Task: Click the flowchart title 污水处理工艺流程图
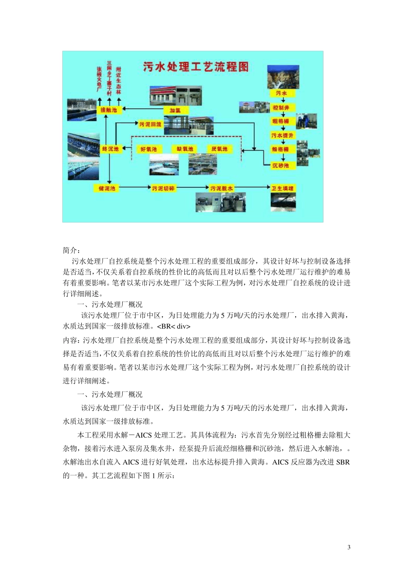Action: click(196, 66)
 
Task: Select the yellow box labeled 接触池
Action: click(109, 110)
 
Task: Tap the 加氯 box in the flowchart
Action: click(175, 110)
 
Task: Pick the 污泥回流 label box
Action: click(150, 124)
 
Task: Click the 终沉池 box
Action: click(110, 149)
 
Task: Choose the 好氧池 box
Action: click(149, 149)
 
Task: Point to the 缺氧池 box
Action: click(185, 149)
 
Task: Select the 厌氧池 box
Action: click(219, 149)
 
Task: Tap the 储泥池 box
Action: click(107, 188)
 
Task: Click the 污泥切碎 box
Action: click(163, 188)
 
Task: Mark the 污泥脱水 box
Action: click(221, 188)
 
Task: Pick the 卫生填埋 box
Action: click(283, 188)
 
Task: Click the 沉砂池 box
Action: click(280, 165)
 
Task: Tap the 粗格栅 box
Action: click(280, 121)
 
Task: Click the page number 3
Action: click(349, 547)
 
